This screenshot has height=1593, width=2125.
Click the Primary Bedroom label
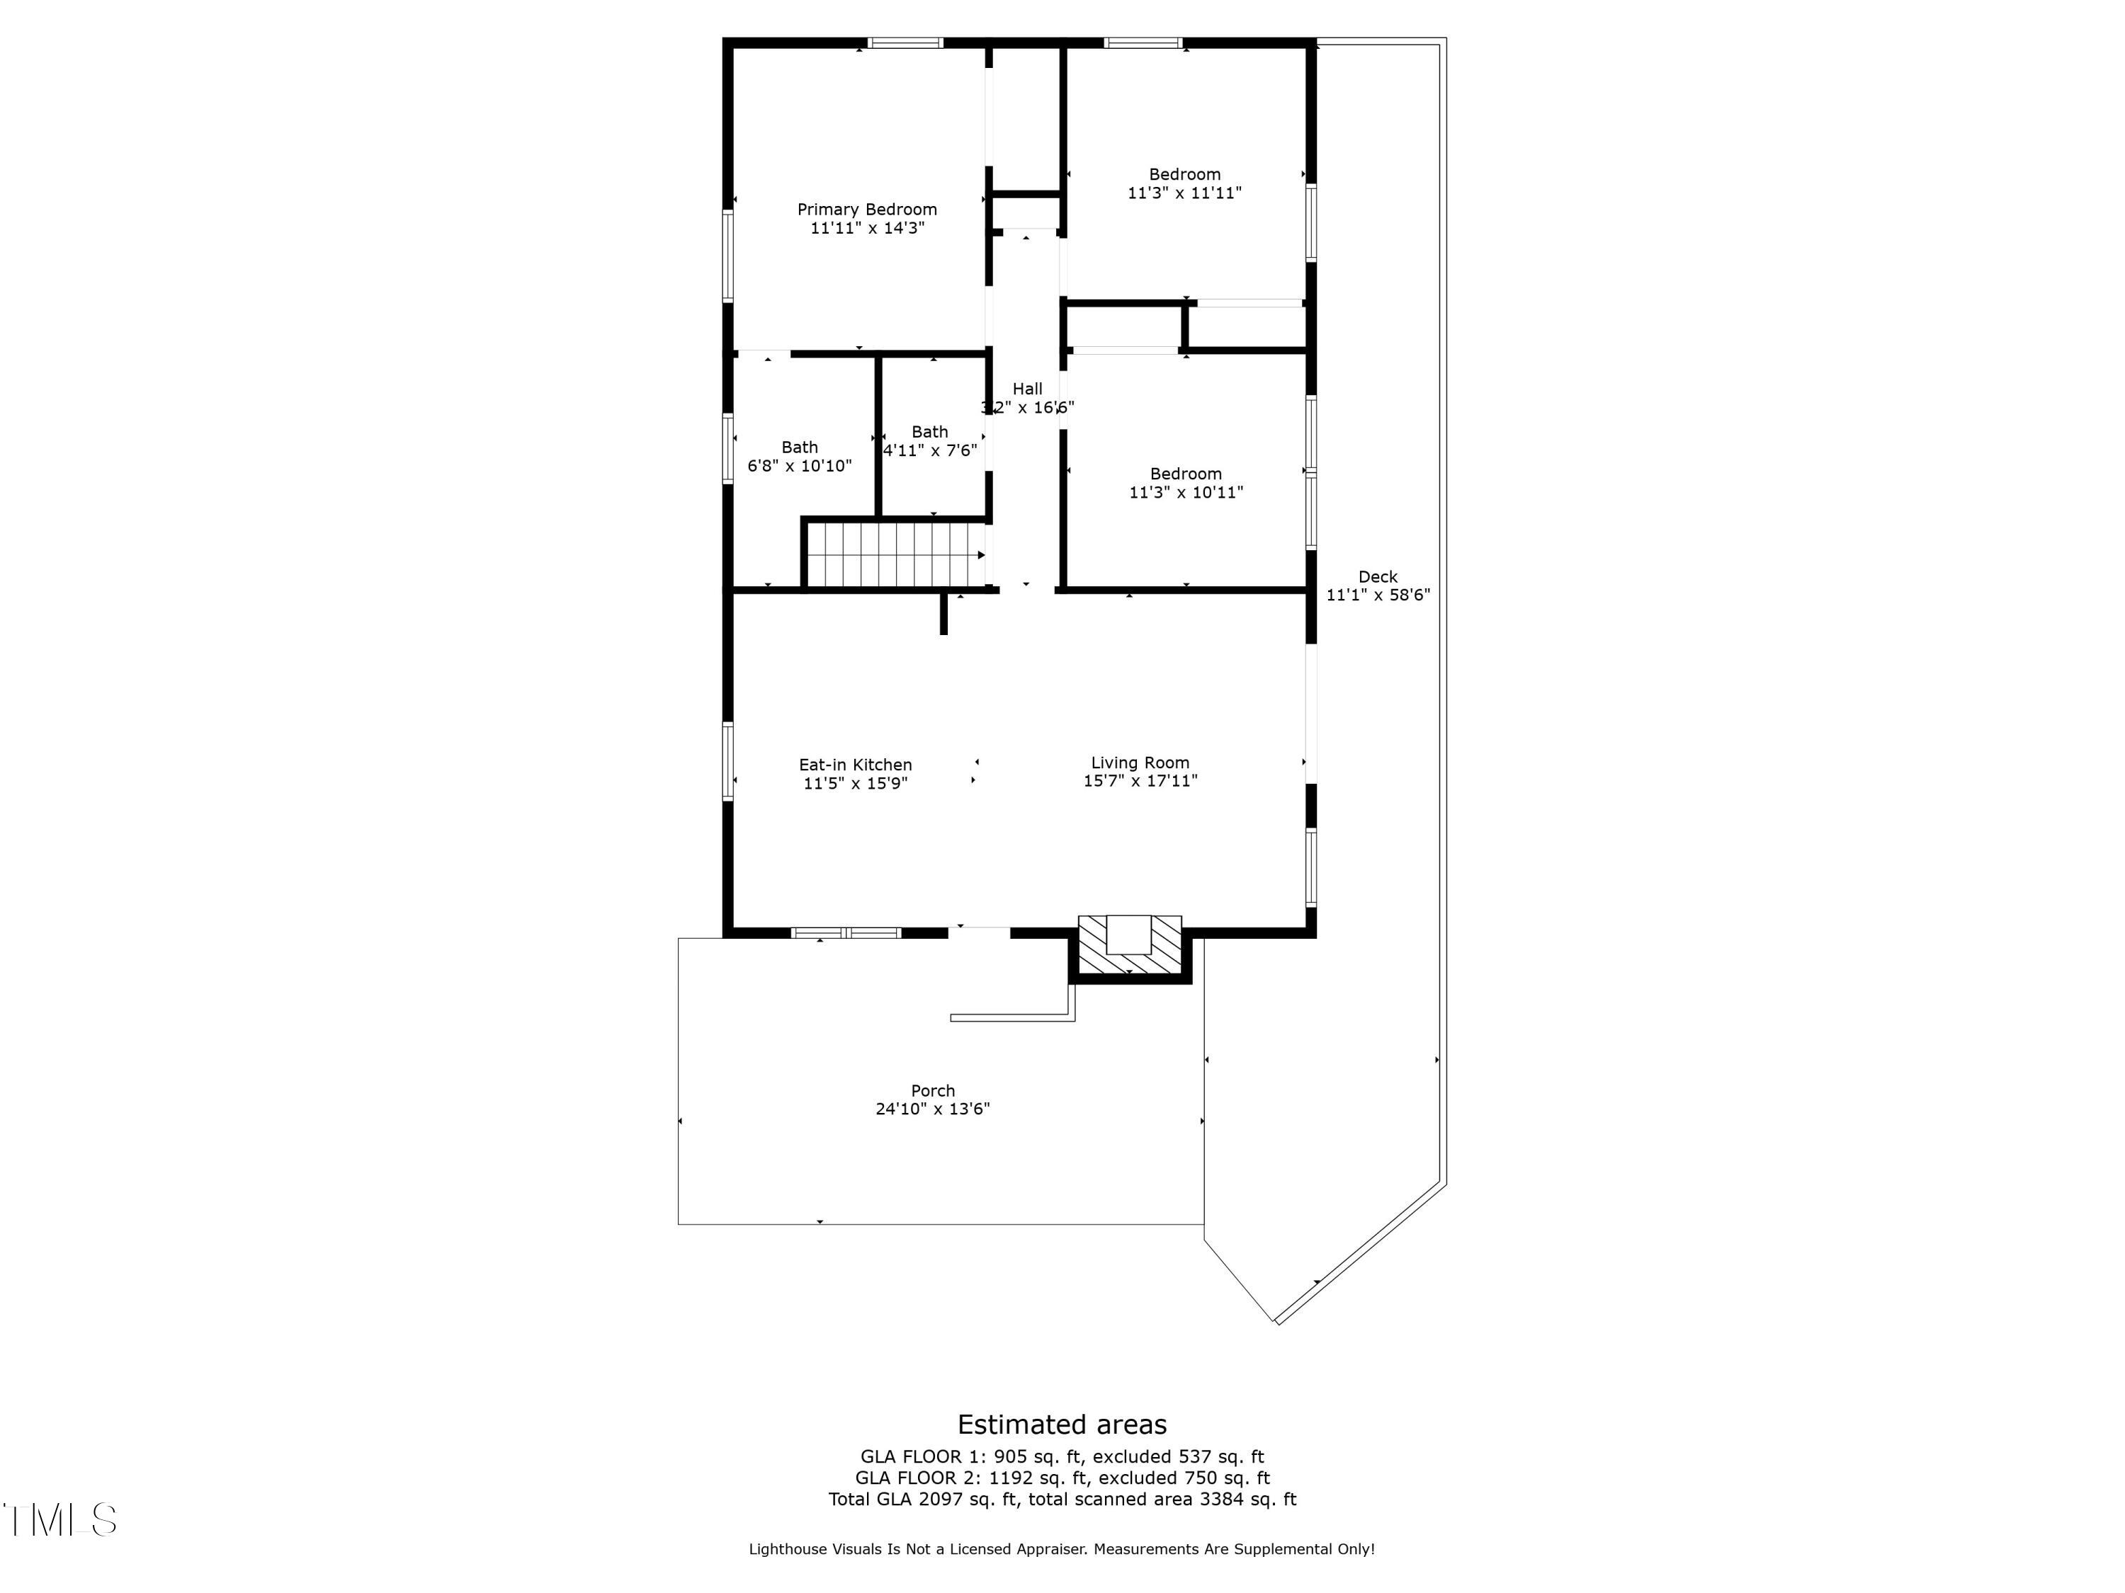click(x=866, y=210)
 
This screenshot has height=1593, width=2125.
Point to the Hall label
click(x=1027, y=389)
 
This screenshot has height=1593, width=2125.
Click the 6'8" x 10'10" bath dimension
click(x=799, y=467)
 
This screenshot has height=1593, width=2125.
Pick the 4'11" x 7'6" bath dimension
click(x=930, y=450)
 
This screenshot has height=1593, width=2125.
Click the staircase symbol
click(x=895, y=555)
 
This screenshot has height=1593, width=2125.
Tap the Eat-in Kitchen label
click(x=855, y=765)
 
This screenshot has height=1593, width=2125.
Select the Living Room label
click(x=1139, y=763)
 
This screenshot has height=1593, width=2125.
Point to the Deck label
click(x=1378, y=577)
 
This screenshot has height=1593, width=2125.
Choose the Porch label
click(x=933, y=1091)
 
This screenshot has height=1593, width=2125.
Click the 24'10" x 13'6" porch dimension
click(x=932, y=1109)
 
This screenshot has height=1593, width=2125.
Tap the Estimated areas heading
click(x=1062, y=1424)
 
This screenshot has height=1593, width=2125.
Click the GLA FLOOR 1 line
click(x=1062, y=1456)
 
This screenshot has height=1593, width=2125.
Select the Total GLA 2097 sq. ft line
click(x=1062, y=1499)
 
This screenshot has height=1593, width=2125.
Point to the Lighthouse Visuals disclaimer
click(x=1062, y=1549)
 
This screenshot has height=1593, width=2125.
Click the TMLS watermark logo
click(x=59, y=1520)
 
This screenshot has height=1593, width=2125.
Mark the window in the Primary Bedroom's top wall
click(x=905, y=42)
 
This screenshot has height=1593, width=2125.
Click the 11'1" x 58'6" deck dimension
click(x=1378, y=595)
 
